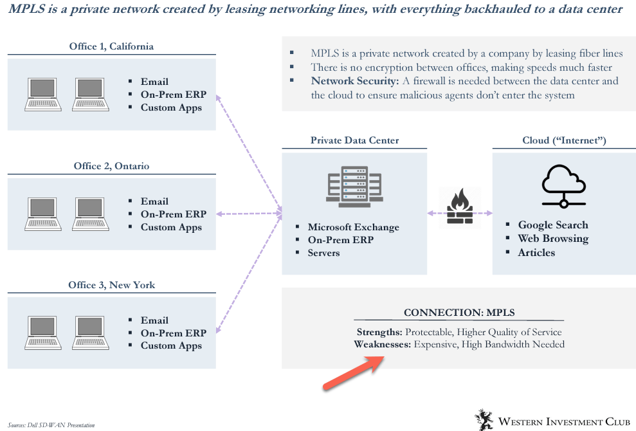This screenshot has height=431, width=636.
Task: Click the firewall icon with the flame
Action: pos(459,208)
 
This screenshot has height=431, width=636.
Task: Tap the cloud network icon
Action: pos(563,186)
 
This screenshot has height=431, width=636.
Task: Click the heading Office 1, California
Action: pos(111,46)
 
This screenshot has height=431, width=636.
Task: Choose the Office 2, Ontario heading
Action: pos(111,166)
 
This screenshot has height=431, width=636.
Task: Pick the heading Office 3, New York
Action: pos(111,285)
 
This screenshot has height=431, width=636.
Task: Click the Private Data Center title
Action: pos(354,140)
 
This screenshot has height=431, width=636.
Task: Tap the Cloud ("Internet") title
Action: pos(564,140)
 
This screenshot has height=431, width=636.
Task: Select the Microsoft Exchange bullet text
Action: pos(353,227)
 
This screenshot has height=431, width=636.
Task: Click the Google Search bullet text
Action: pos(553,225)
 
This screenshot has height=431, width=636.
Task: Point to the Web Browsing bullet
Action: pos(553,239)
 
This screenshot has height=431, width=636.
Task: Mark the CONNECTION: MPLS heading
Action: pos(459,313)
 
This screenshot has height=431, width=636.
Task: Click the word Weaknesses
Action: pos(382,344)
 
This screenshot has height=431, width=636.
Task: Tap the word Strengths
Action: pos(379,332)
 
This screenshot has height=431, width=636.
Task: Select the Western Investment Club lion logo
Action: pos(484,419)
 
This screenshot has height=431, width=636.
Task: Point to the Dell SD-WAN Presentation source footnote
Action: pos(51,425)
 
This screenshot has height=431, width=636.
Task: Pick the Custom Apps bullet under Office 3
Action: pos(171,345)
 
